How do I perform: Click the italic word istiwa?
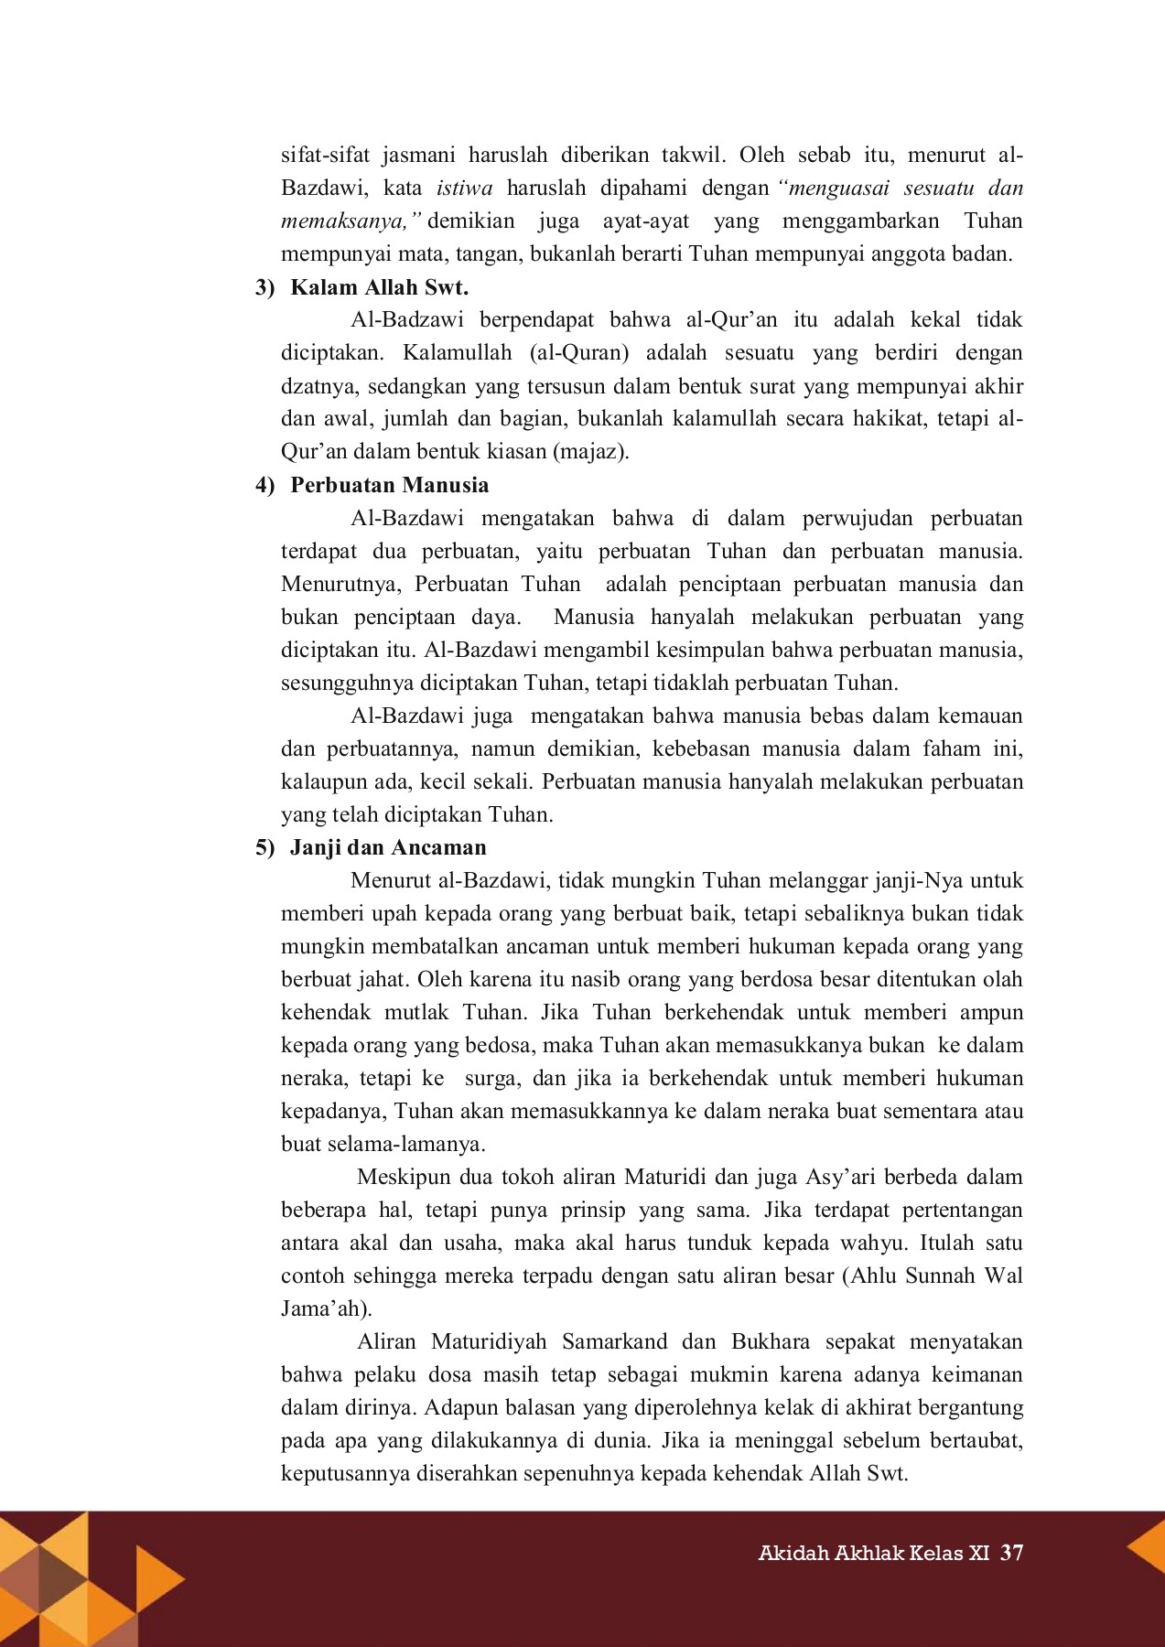[465, 188]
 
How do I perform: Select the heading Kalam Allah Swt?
[379, 287]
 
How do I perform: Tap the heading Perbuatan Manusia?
[389, 485]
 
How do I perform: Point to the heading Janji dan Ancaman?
[388, 847]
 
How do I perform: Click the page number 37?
[1011, 1553]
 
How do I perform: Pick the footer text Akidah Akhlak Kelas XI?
[874, 1554]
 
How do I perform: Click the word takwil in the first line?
[686, 156]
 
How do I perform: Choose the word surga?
[492, 1078]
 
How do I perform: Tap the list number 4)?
[264, 485]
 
